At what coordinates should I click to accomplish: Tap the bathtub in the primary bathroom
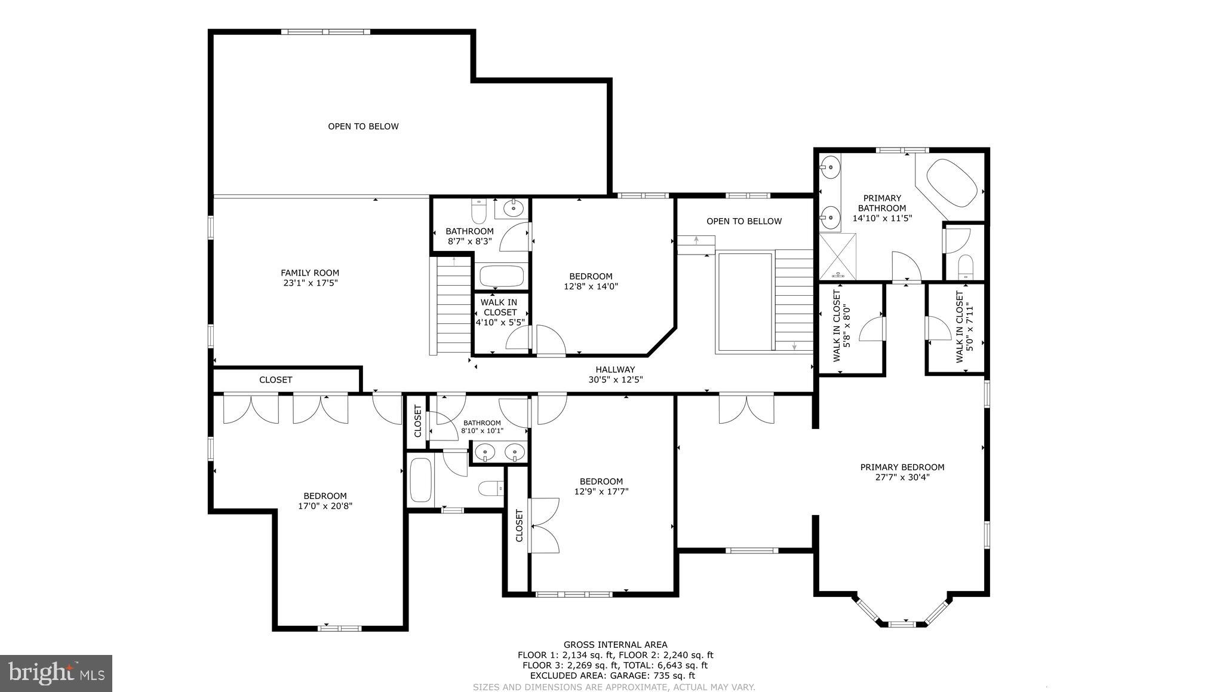click(x=951, y=183)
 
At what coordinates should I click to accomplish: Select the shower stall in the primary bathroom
click(x=837, y=256)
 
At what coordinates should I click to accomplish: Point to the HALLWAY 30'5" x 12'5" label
click(x=615, y=375)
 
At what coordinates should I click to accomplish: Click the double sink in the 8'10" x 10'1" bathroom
click(x=500, y=452)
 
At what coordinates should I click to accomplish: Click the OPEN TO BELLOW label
click(x=743, y=221)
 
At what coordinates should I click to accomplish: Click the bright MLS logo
click(x=56, y=673)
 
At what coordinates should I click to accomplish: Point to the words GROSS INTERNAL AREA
click(x=615, y=645)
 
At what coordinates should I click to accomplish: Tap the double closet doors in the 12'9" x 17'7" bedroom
click(x=544, y=525)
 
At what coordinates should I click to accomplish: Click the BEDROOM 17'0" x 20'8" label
click(x=325, y=501)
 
